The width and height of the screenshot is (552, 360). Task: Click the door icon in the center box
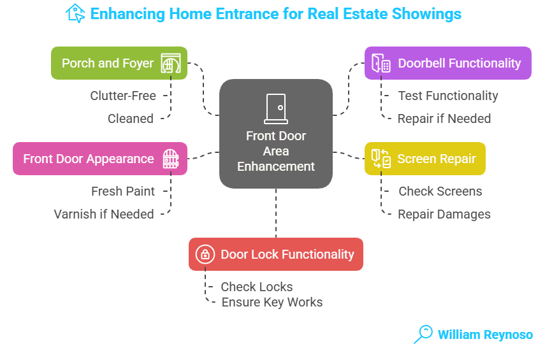point(276,108)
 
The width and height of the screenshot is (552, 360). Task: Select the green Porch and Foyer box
point(119,63)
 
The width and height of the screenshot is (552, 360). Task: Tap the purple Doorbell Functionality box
point(447,63)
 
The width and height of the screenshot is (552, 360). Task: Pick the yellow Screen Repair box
point(425,159)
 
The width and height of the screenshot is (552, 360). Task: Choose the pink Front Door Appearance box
point(100,159)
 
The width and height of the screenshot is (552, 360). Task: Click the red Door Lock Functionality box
point(275,254)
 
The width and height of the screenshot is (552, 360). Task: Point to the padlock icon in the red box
point(205,254)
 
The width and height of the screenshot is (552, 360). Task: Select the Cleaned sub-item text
point(130,119)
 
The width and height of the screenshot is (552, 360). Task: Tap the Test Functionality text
point(448,96)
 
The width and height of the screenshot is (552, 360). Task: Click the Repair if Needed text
point(444,119)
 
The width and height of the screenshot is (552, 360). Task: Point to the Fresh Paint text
point(122,191)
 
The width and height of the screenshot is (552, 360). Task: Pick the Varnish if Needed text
point(104,214)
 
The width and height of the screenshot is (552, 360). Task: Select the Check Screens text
point(440,191)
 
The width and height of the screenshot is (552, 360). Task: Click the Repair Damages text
point(444,214)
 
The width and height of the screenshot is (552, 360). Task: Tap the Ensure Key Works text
point(272,302)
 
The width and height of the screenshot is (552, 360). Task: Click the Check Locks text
point(257,287)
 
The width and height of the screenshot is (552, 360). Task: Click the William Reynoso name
point(485,334)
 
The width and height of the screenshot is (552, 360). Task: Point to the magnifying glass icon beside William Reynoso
point(423,334)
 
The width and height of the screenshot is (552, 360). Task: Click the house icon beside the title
point(75,13)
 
